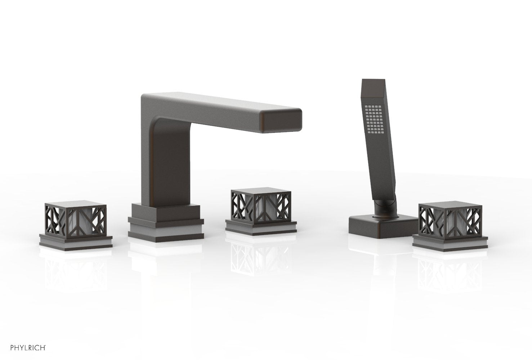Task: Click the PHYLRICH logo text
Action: [28, 348]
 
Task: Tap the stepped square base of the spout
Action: [166, 222]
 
